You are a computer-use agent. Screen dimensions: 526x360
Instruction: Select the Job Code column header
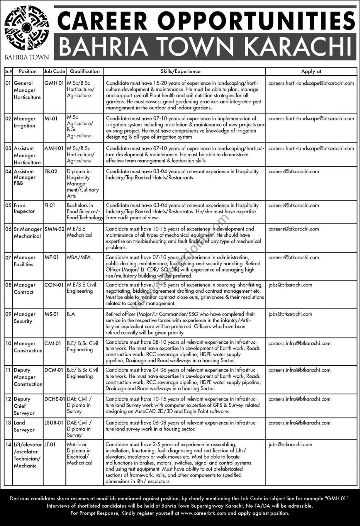pos(54,71)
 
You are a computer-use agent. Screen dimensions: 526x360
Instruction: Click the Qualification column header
pos(85,71)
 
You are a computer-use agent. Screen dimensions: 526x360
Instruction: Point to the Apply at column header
pos(311,71)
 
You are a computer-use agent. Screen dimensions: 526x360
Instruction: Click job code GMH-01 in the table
pos(54,83)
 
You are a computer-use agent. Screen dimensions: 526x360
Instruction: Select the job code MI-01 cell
pos(51,119)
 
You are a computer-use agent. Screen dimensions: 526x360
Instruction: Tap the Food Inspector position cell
pos(24,208)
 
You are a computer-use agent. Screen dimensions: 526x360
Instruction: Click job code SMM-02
pos(54,229)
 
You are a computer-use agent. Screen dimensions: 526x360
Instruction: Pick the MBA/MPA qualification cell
pos(79,258)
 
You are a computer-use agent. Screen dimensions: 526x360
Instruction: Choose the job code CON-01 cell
pos(54,285)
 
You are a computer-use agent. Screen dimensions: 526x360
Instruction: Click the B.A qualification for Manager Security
pos(71,314)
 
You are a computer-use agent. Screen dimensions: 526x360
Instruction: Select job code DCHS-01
pos(55,399)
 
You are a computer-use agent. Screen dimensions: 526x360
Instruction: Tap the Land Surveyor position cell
pos(24,426)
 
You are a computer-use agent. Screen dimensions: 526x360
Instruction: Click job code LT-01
pos(50,444)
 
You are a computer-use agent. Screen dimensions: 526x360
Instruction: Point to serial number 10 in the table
pos(8,344)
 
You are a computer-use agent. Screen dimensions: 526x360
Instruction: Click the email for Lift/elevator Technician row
pos(290,444)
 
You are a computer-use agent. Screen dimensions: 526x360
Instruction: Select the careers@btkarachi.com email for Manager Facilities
pos(294,258)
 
